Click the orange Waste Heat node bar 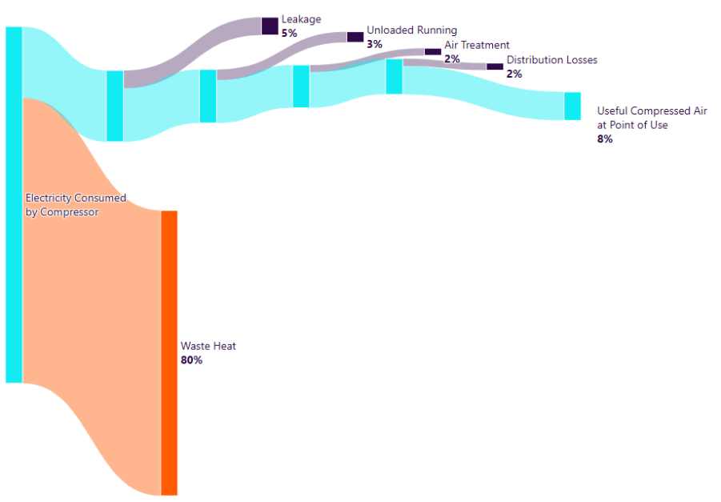169,352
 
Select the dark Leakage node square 270,26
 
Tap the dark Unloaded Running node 354,37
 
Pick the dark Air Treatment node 432,51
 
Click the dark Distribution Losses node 495,66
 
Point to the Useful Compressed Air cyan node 572,106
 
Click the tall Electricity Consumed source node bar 14,204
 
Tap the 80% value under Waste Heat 191,360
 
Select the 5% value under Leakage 289,33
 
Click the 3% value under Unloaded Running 375,44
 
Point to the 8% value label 604,139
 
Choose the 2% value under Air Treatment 452,58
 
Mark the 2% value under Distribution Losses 514,74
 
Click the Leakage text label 301,18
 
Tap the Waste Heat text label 208,346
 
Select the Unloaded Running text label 411,30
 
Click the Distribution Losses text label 551,60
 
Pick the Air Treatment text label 477,45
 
